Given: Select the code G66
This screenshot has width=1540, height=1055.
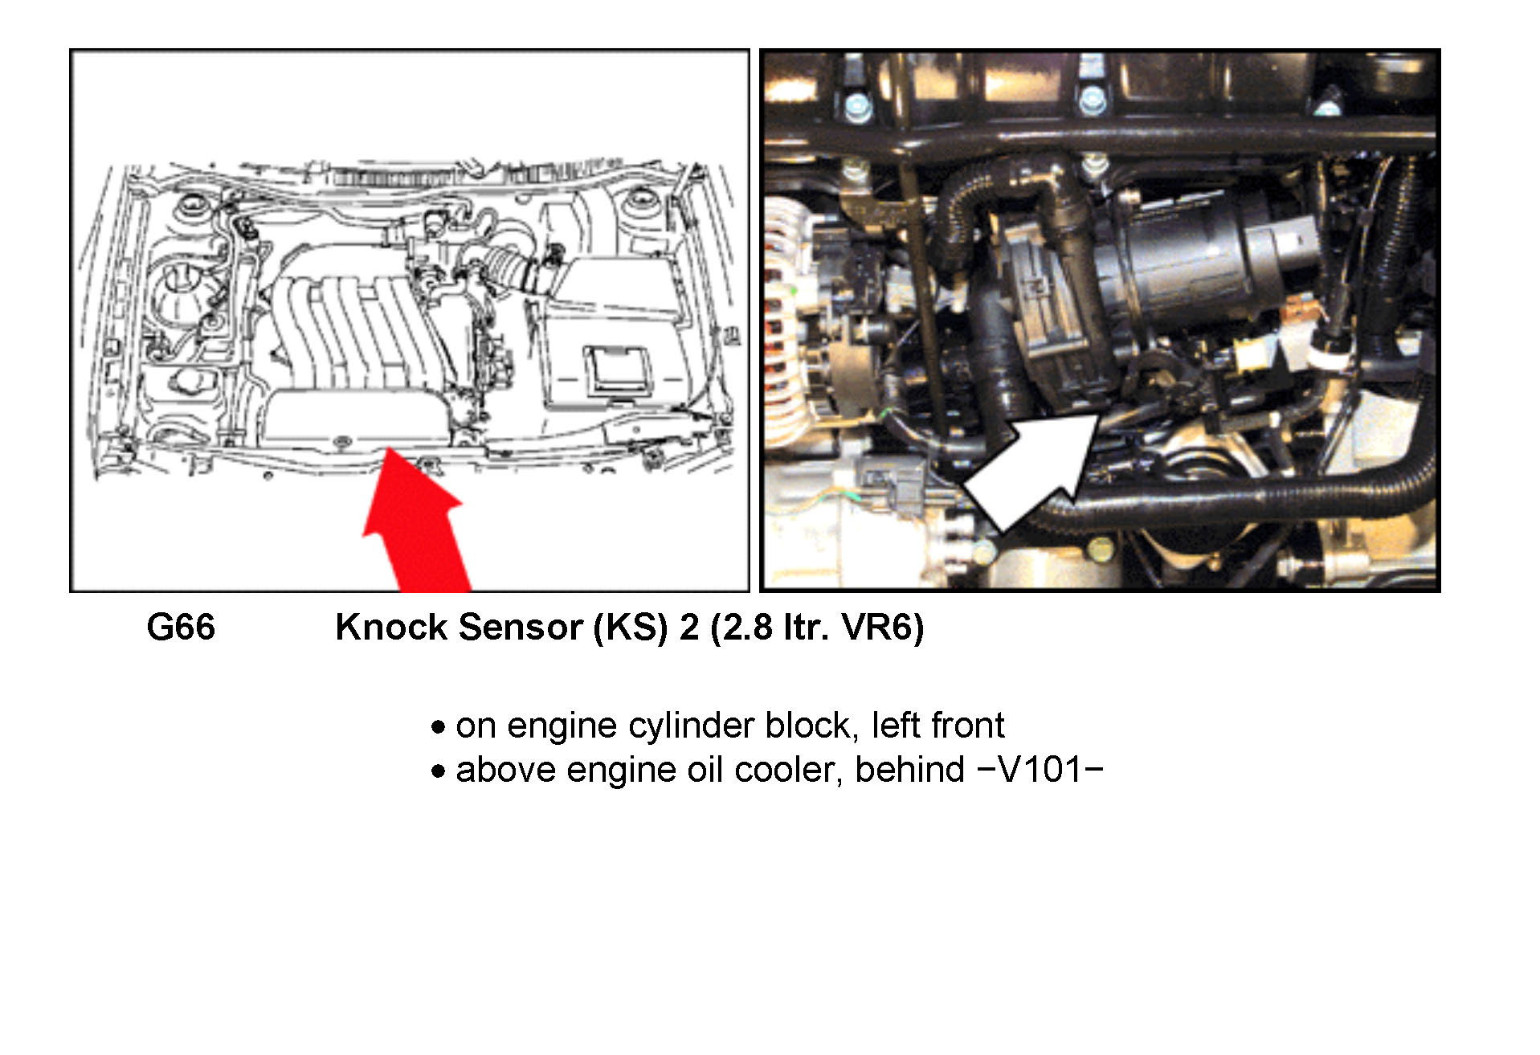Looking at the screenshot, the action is pos(181,628).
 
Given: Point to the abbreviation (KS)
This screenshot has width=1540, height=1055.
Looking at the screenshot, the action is pos(631,628).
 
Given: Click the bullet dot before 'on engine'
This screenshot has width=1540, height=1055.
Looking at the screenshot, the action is pos(438,728).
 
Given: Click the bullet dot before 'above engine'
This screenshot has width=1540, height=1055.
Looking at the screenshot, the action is pos(438,772).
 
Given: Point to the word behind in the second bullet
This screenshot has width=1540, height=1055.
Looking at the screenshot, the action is pos(909,770).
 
